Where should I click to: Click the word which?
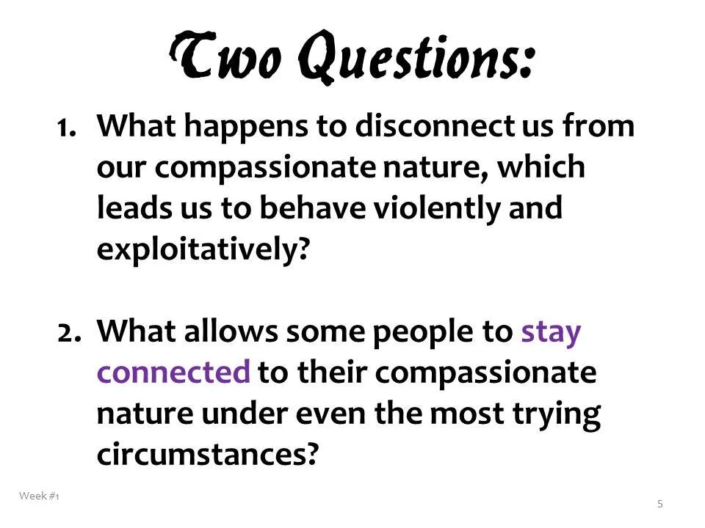click(x=543, y=167)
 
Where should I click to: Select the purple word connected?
click(x=173, y=373)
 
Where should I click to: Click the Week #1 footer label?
click(x=39, y=496)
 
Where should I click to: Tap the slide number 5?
click(x=660, y=503)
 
